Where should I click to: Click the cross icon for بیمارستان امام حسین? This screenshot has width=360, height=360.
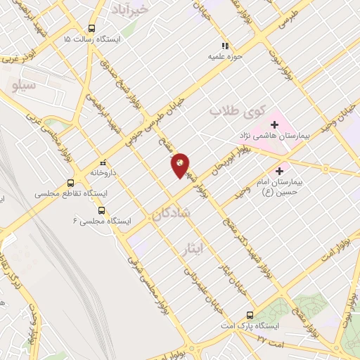(x=280, y=170)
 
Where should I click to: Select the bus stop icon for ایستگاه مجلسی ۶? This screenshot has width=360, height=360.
(x=103, y=210)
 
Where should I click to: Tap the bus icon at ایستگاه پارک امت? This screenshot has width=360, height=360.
(x=250, y=315)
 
